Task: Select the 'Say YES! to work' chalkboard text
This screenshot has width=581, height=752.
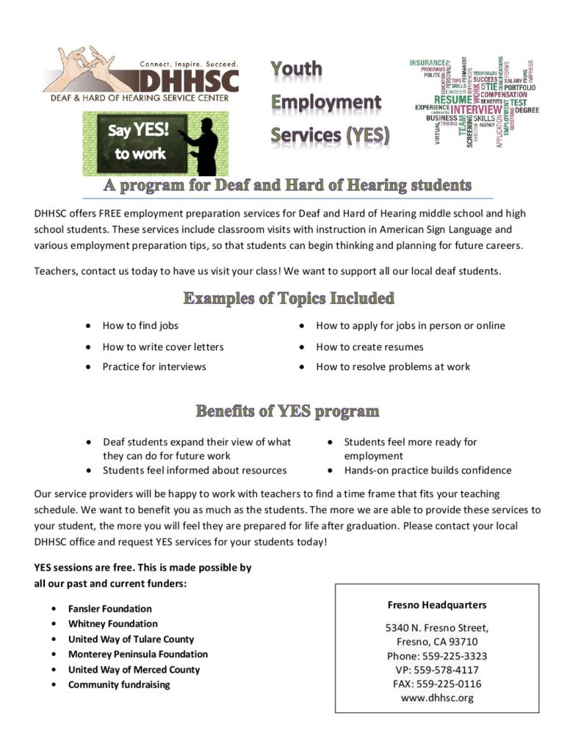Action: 140,142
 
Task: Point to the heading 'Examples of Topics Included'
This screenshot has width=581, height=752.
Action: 288,299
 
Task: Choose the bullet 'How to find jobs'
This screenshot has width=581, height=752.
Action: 140,325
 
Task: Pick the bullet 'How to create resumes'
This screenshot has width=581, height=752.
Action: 369,347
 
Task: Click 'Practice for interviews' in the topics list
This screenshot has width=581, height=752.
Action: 154,366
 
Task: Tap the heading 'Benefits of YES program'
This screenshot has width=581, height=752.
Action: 287,411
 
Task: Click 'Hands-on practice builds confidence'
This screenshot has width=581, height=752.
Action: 427,470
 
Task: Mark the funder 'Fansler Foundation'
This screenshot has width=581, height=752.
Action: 110,609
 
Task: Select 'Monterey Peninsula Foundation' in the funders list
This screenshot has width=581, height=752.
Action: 138,654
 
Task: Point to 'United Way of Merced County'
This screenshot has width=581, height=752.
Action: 134,669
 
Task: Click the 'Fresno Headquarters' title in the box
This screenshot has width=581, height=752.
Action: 437,605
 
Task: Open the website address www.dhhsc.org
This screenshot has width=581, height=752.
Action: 437,698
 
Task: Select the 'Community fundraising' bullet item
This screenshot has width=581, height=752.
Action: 119,684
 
